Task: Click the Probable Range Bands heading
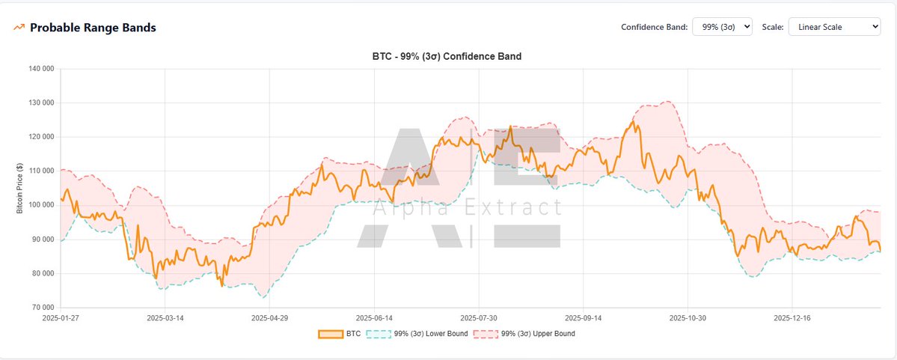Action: click(93, 28)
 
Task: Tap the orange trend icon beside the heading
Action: click(19, 28)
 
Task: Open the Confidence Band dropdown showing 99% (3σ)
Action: click(722, 27)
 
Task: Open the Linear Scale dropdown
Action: click(835, 27)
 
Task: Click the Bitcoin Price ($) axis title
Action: click(20, 188)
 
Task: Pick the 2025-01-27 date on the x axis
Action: click(61, 318)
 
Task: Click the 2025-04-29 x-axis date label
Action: click(270, 318)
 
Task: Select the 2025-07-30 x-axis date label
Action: click(479, 318)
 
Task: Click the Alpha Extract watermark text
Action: click(467, 208)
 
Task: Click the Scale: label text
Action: click(773, 27)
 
